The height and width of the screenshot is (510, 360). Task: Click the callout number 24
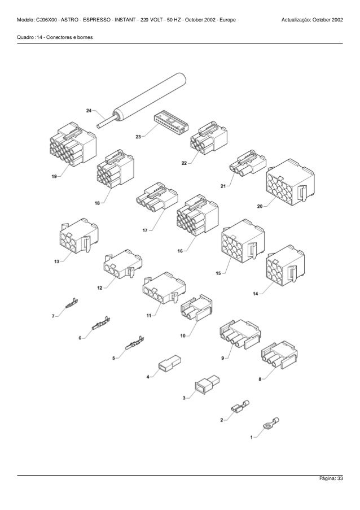pyautogui.click(x=89, y=111)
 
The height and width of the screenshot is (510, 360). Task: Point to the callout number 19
pyautogui.click(x=54, y=176)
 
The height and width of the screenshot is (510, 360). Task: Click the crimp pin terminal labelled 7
pyautogui.click(x=72, y=303)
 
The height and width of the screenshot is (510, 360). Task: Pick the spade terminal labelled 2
pyautogui.click(x=240, y=406)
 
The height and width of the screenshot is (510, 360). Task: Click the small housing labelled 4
pyautogui.click(x=170, y=363)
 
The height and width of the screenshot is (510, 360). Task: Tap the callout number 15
pyautogui.click(x=218, y=273)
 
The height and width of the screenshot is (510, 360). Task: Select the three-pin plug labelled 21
pyautogui.click(x=248, y=163)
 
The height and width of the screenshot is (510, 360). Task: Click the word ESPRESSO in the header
pyautogui.click(x=96, y=20)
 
